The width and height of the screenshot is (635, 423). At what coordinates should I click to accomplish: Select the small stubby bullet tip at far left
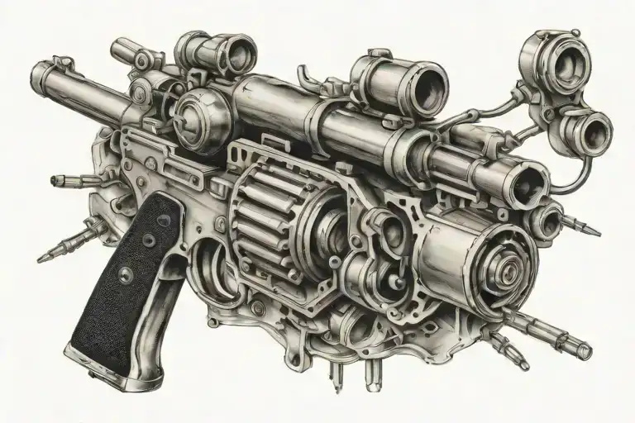(58, 179)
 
